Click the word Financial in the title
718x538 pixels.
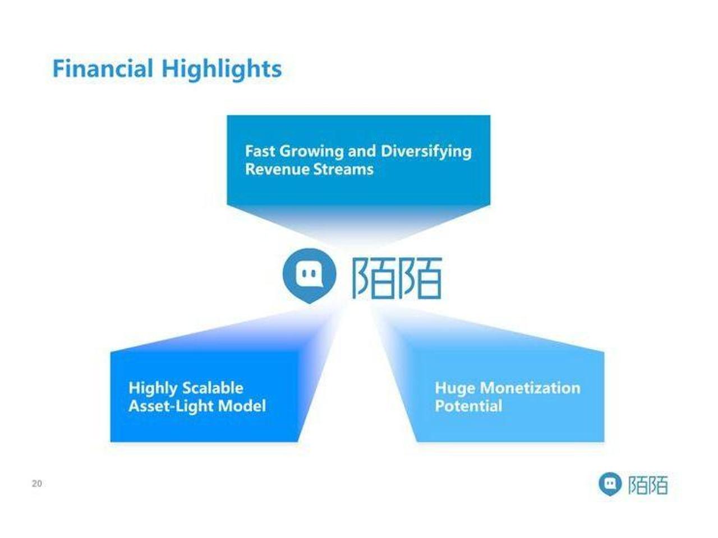pos(103,68)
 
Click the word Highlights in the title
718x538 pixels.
pos(222,70)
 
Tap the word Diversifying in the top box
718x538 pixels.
pos(426,152)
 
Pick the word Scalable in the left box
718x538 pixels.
pos(213,388)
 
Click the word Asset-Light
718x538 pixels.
pos(171,406)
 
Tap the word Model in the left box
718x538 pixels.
pos(242,406)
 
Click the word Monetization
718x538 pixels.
pos(530,388)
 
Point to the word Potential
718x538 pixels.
pos(468,406)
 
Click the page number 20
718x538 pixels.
pos(37,484)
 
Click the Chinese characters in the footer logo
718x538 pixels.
pos(648,484)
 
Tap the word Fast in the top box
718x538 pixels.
pos(260,151)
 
